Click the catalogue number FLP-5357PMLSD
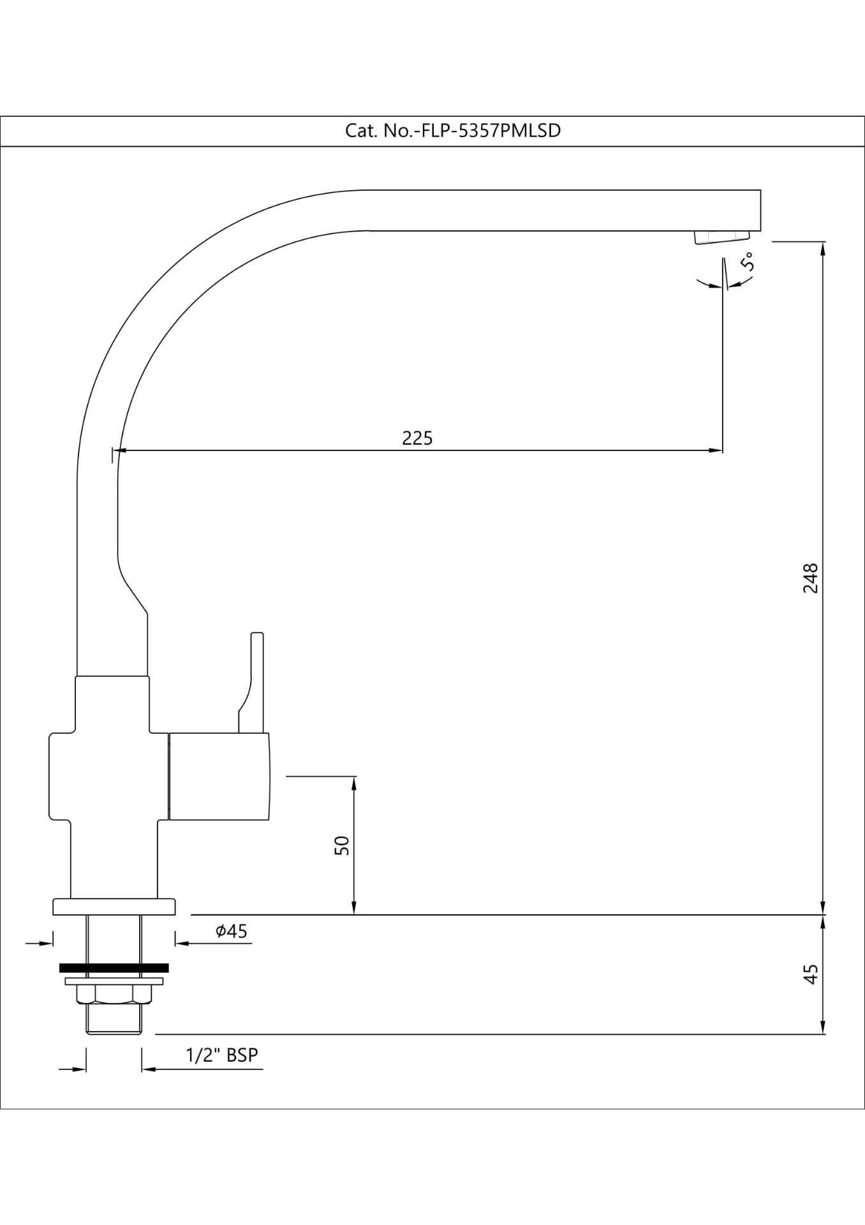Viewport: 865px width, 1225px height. tap(453, 131)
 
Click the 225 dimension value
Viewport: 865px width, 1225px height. tap(417, 438)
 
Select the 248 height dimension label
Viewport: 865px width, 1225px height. tap(810, 578)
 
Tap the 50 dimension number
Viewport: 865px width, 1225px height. tap(343, 845)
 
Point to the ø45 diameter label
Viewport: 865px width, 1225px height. tap(232, 932)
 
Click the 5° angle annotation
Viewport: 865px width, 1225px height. tap(748, 262)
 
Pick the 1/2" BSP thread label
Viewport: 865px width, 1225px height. tap(222, 1055)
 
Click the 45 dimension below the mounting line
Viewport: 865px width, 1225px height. tap(810, 974)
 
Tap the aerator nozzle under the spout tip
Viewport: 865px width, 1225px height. tap(721, 237)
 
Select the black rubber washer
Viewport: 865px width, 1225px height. tap(114, 968)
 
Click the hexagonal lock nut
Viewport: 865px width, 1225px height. tap(114, 994)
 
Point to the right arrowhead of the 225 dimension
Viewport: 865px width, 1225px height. tap(716, 450)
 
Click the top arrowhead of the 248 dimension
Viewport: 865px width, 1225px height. tap(823, 249)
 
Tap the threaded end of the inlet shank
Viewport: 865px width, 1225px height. tap(114, 1020)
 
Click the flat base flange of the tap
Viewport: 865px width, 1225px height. tap(114, 907)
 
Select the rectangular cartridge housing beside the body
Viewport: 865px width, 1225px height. tap(218, 776)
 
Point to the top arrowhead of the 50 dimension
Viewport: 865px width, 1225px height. tap(354, 783)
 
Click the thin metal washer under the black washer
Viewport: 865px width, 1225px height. tap(114, 981)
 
